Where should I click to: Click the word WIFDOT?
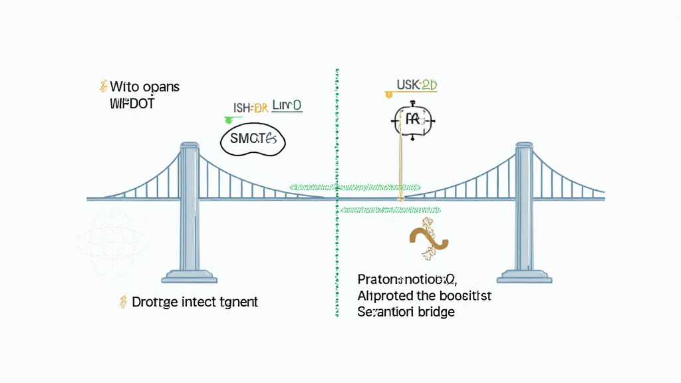tap(132, 104)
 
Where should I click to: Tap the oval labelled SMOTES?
tap(252, 139)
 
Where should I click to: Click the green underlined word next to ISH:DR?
tap(287, 106)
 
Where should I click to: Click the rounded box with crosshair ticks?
tap(412, 120)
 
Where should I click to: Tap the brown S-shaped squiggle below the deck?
tap(426, 240)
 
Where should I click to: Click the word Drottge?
tap(155, 302)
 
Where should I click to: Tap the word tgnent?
tap(238, 302)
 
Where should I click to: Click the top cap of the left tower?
tap(190, 146)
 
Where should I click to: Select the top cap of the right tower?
tap(525, 146)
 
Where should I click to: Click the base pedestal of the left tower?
tap(190, 275)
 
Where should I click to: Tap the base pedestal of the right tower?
tap(525, 275)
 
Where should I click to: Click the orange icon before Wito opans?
tap(102, 86)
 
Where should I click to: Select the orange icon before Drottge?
tap(122, 302)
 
